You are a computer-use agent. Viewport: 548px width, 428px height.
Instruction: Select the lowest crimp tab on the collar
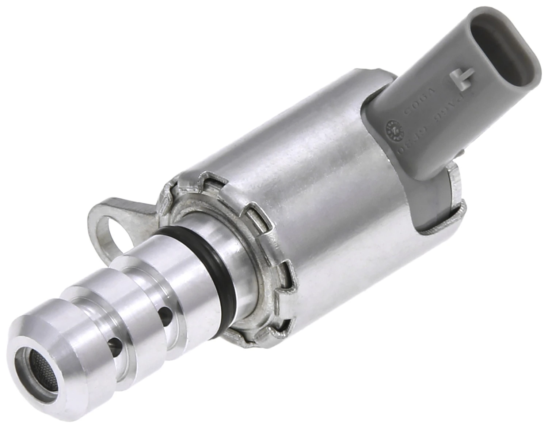click(x=279, y=331)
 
